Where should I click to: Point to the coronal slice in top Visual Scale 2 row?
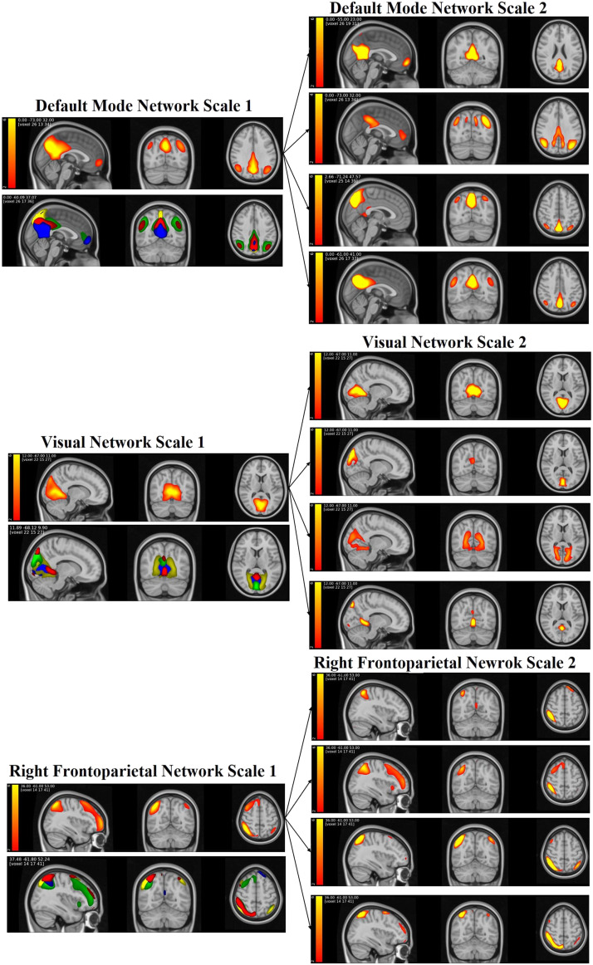471,386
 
